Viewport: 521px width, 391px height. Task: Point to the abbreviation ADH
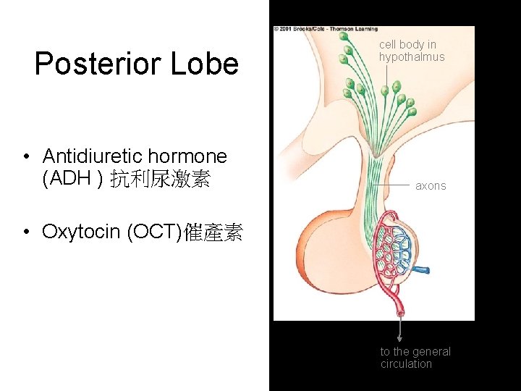tap(66, 179)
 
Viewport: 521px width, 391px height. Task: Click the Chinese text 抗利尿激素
tap(160, 180)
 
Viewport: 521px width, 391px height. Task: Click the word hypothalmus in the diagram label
tap(412, 57)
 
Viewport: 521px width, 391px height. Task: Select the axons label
tap(431, 186)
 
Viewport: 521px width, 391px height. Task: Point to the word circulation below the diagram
tap(406, 364)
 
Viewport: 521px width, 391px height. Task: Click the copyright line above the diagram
tap(326, 29)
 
